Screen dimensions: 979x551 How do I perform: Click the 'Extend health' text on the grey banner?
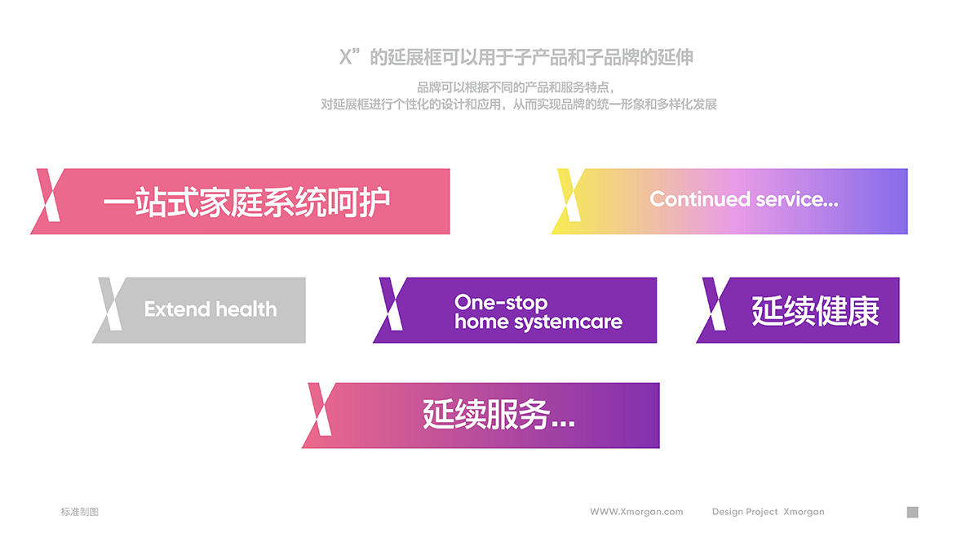click(210, 309)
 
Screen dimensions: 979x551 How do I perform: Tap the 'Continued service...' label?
click(744, 199)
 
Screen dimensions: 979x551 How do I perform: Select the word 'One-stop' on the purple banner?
click(501, 303)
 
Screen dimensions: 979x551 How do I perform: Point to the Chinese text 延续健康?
click(815, 311)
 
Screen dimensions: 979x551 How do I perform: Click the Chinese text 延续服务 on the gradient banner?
click(486, 414)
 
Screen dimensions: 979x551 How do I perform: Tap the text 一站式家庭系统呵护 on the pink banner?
click(246, 202)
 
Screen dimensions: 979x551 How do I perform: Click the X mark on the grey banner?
click(110, 304)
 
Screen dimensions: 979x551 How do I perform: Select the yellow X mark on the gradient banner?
click(569, 195)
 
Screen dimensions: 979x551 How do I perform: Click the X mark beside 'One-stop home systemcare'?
click(391, 304)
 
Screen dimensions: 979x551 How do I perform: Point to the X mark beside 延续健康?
click(714, 304)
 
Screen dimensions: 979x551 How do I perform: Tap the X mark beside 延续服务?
click(320, 409)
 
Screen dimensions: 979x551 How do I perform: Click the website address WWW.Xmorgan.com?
click(636, 512)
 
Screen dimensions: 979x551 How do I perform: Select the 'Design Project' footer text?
click(745, 512)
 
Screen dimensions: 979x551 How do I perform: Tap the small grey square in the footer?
click(913, 512)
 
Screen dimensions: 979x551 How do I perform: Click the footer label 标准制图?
click(80, 512)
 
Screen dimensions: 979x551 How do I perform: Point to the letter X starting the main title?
click(346, 57)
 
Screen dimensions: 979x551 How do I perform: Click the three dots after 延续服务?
click(563, 424)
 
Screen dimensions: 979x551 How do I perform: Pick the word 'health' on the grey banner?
click(246, 309)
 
